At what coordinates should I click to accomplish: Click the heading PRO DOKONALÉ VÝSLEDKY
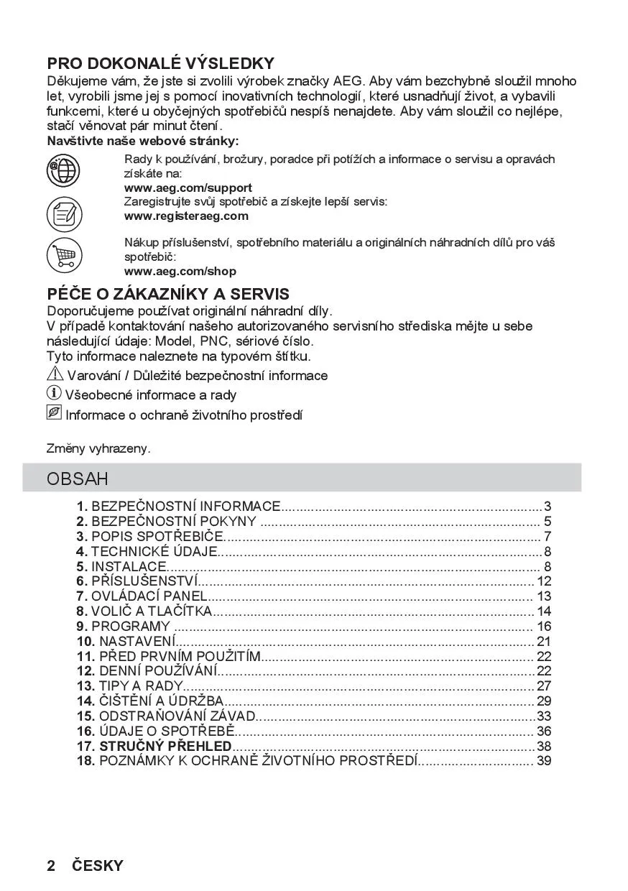point(160,64)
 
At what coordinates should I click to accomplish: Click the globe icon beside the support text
point(64,171)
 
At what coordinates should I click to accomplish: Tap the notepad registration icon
point(64,213)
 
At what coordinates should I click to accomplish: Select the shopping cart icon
point(64,254)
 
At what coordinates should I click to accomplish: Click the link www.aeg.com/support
point(188,188)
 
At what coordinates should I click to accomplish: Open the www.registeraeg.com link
point(186,216)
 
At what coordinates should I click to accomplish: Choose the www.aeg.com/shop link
point(180,272)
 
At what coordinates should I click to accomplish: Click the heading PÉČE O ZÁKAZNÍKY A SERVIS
point(168,294)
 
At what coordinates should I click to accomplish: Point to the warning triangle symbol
point(55,374)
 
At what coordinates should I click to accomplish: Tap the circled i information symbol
point(55,394)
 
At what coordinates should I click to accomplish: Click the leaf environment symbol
point(55,414)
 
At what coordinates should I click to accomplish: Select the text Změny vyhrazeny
point(98,448)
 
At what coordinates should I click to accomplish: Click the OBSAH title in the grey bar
point(78,479)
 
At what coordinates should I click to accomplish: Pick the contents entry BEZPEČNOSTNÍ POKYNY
point(173,522)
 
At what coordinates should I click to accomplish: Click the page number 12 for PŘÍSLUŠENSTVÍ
point(544,581)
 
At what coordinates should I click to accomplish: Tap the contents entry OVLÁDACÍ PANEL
point(149,596)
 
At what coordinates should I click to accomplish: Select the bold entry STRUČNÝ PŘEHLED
point(165,746)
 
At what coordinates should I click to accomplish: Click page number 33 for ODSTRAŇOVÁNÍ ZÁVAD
point(544,716)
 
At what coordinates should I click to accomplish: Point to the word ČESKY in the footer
point(97,866)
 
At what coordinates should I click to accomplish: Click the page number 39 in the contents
point(544,760)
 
